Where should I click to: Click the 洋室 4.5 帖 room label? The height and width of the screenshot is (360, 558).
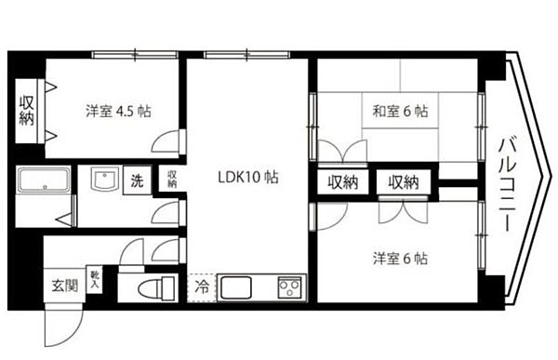[x=118, y=111]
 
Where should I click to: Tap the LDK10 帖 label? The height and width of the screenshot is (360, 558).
[x=248, y=177]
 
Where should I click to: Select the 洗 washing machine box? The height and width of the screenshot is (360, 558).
[x=137, y=180]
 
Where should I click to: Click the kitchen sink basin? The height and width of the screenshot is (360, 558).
[x=234, y=286]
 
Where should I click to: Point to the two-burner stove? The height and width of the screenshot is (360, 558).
[x=289, y=286]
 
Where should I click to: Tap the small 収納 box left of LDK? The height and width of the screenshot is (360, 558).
[x=171, y=179]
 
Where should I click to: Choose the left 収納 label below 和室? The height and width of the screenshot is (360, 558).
[x=342, y=182]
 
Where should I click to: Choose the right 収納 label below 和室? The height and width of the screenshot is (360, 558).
[x=404, y=182]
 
